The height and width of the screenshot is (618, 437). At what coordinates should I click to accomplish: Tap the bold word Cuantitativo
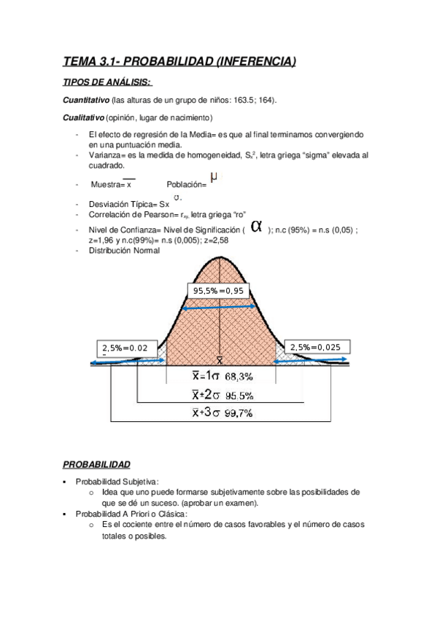click(86, 100)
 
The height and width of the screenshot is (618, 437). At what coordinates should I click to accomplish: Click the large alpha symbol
click(256, 226)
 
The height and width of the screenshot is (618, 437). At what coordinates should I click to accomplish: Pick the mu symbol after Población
click(213, 176)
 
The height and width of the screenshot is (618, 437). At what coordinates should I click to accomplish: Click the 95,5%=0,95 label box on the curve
click(219, 291)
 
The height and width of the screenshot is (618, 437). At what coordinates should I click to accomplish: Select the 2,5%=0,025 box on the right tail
click(314, 347)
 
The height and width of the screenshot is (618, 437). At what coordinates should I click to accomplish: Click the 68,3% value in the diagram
click(239, 378)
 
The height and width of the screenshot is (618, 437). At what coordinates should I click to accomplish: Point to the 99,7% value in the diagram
click(239, 413)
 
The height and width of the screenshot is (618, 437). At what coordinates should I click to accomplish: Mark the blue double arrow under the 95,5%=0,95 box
click(218, 308)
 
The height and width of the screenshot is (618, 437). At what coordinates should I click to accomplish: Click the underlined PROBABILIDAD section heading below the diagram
click(96, 463)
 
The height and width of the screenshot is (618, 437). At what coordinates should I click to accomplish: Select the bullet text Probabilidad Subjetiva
click(117, 481)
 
